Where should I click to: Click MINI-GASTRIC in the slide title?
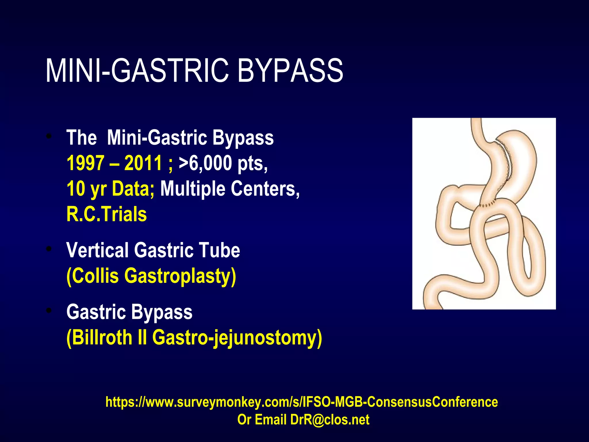tap(137, 71)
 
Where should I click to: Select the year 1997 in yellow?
tap(85, 163)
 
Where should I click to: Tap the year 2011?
tap(143, 163)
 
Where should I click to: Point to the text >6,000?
tap(205, 163)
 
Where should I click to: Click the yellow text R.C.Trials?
tap(107, 214)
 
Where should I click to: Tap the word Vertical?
tap(97, 250)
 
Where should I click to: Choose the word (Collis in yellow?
tap(92, 276)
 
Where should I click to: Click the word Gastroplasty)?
tap(180, 276)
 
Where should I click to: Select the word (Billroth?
tap(99, 338)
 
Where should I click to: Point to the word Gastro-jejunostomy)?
tap(237, 338)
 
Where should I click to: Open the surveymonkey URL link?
tap(301, 402)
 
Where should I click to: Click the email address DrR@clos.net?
tap(330, 420)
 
